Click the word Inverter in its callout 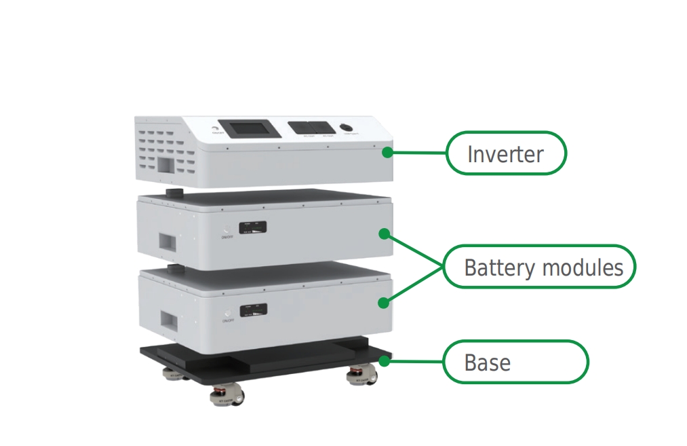pos(505,154)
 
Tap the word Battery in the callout pos(490,267)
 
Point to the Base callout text pos(487,363)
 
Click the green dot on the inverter pos(387,152)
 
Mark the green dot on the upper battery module pos(384,234)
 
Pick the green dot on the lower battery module pos(384,302)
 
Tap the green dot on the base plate pos(385,361)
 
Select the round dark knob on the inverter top pos(347,128)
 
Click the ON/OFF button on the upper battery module pos(226,229)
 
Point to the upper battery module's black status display pos(253,229)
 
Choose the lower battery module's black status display pos(253,310)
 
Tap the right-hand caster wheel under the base pos(357,375)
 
